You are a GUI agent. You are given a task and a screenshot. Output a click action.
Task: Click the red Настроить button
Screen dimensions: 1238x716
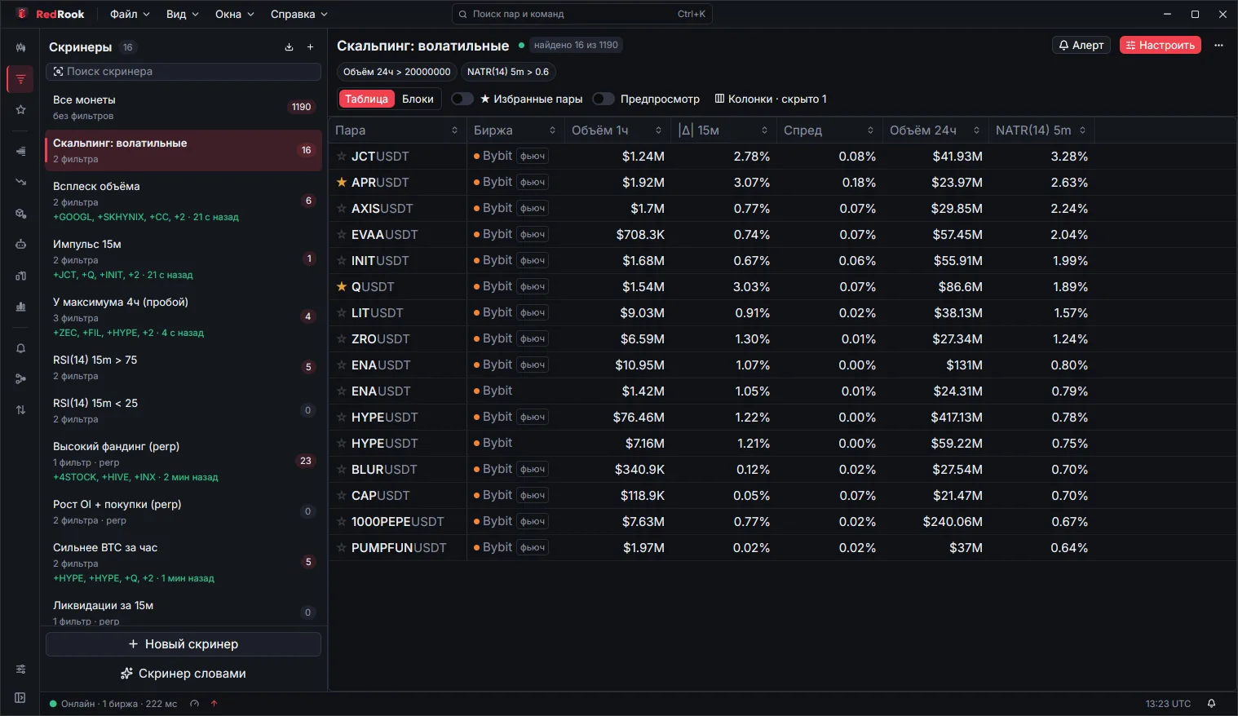click(x=1160, y=46)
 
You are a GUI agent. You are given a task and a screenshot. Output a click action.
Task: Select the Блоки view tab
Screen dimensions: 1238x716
click(x=418, y=99)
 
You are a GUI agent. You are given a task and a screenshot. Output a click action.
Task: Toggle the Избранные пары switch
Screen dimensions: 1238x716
click(x=462, y=99)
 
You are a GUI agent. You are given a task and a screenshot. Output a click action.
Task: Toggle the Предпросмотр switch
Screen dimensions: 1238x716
click(x=603, y=99)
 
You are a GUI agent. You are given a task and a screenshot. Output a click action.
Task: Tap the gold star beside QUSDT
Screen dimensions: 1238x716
click(x=342, y=286)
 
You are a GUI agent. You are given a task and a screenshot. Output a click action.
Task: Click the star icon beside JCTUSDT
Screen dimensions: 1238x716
click(x=342, y=157)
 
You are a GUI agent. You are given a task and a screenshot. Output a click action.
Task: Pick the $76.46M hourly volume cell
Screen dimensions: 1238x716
click(x=639, y=417)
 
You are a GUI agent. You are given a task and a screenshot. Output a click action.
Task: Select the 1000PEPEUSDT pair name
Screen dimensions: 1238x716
click(x=397, y=522)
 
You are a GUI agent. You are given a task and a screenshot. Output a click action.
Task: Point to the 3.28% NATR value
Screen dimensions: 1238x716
click(x=1069, y=157)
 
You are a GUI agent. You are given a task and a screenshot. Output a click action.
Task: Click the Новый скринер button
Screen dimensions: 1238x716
click(x=183, y=644)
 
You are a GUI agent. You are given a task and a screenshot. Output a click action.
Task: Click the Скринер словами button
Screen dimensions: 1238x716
click(x=183, y=674)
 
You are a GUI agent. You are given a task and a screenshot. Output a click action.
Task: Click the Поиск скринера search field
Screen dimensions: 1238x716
click(x=183, y=71)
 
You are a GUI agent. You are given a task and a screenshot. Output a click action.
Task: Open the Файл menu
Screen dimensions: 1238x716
click(x=130, y=14)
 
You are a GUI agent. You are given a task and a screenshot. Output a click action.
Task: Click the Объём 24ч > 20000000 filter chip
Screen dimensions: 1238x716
click(x=396, y=72)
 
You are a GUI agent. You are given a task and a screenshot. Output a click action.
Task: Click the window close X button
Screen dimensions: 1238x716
click(x=1223, y=15)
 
